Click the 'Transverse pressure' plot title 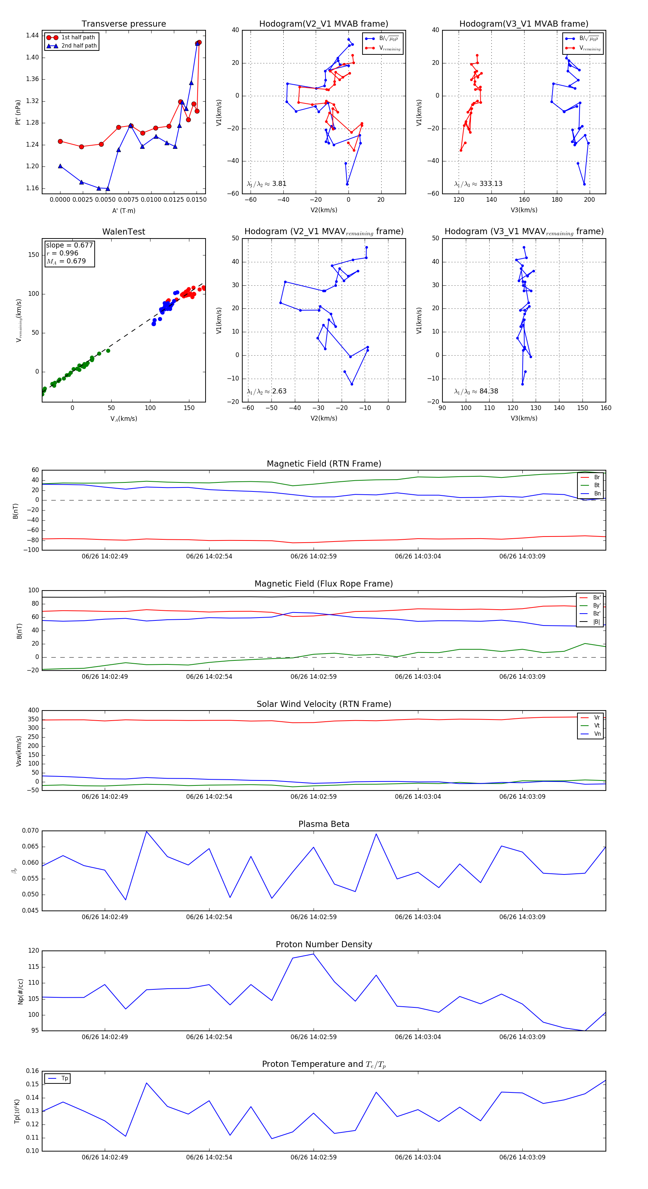tap(123, 24)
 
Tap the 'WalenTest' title tap(123, 232)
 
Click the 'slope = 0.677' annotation tap(69, 245)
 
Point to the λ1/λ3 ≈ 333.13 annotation tap(478, 184)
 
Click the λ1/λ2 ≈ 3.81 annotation tap(266, 184)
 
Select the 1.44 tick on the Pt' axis tap(32, 36)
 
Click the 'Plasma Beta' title tap(324, 824)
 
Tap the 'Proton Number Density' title tap(324, 944)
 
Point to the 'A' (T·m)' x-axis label tap(123, 210)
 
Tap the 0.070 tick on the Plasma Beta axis tap(31, 830)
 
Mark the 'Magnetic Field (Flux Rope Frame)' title tap(324, 584)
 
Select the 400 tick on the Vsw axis tap(33, 711)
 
